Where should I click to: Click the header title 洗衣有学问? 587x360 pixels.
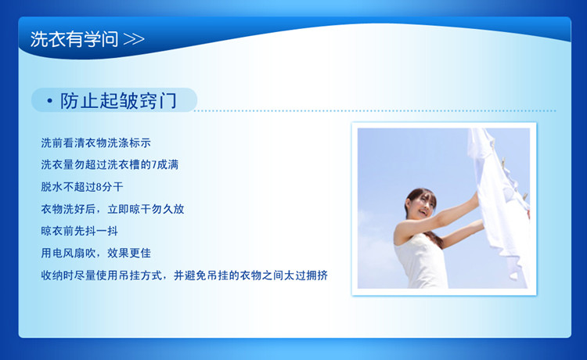[74, 39]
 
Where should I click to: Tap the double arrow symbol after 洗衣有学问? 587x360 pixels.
[134, 39]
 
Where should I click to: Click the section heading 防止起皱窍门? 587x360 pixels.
[118, 101]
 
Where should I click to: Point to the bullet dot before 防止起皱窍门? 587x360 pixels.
[49, 101]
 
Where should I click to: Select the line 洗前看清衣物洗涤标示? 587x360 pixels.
[95, 143]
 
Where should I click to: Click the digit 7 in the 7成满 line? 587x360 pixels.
[154, 164]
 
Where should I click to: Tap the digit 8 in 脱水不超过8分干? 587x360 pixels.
[99, 187]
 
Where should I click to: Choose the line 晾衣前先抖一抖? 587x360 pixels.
[79, 231]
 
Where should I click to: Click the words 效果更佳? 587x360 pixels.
[129, 253]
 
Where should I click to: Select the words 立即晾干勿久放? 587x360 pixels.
[146, 209]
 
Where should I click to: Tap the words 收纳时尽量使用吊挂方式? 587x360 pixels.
[102, 275]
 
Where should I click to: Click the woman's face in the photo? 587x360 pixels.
[423, 206]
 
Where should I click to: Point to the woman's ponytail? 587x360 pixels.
[434, 239]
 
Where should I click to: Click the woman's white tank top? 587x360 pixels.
[421, 262]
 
